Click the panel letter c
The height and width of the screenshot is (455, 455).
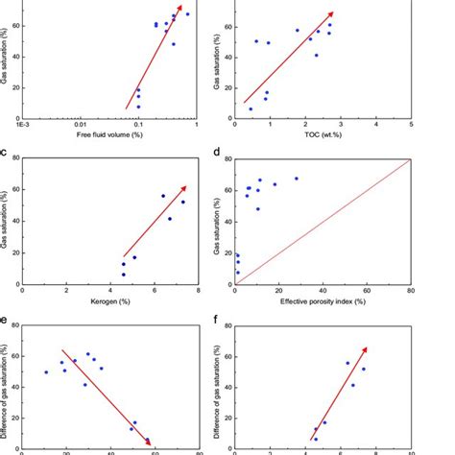click(8, 152)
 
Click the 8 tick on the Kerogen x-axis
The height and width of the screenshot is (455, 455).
click(198, 290)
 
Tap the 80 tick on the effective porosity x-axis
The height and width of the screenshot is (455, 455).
click(411, 290)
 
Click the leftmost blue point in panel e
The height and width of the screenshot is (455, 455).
click(45, 372)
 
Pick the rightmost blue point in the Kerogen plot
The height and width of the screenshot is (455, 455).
click(183, 202)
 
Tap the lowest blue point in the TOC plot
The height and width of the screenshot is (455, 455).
click(251, 109)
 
